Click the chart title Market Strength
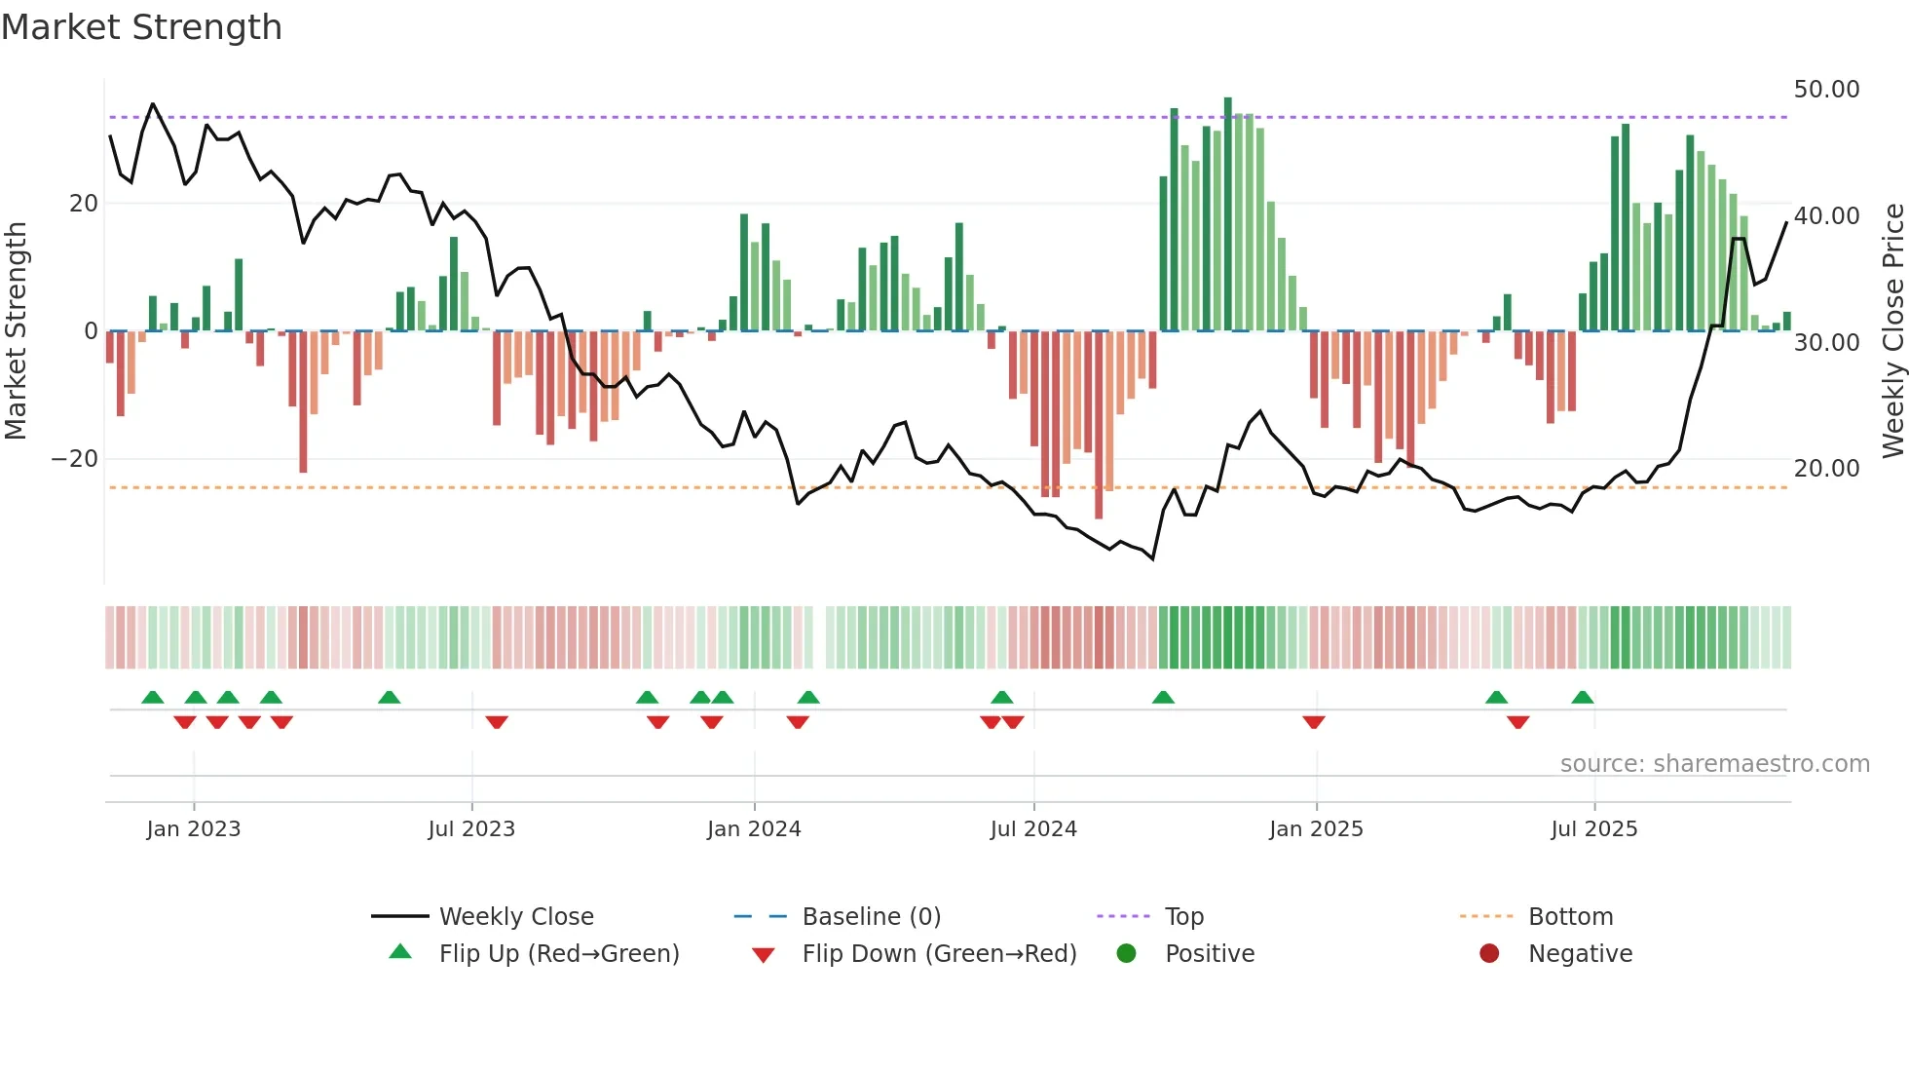[x=142, y=27]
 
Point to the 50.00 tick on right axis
[x=1826, y=90]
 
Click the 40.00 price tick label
[x=1826, y=216]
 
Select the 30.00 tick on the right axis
[x=1826, y=343]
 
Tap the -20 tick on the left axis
[x=76, y=459]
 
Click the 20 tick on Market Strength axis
[x=84, y=204]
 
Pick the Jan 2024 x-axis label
[x=754, y=829]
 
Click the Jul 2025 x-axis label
[x=1594, y=829]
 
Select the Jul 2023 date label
[x=471, y=829]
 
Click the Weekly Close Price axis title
[x=1892, y=331]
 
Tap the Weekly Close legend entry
[x=515, y=917]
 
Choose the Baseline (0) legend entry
[x=871, y=917]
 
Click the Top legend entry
[x=1184, y=917]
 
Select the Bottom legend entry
[x=1570, y=917]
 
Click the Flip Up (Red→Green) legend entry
[x=558, y=954]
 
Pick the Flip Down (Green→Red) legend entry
[x=939, y=954]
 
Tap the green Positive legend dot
[x=1127, y=954]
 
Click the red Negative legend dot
[x=1489, y=954]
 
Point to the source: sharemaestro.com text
[x=1714, y=764]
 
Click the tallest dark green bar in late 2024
[x=1228, y=214]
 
